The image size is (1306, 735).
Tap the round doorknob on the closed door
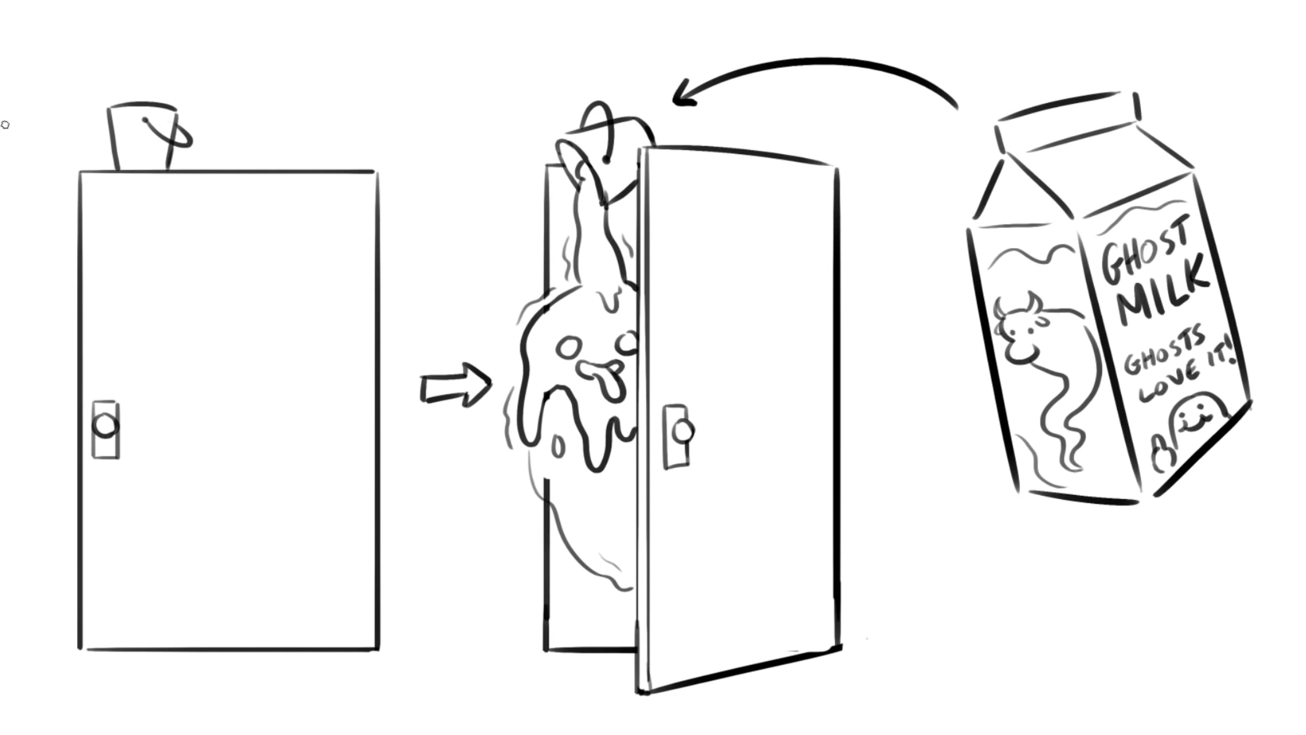tap(105, 426)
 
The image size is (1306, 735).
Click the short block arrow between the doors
tap(456, 384)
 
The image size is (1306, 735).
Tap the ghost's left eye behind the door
tap(568, 348)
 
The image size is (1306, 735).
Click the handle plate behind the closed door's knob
tap(106, 430)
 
